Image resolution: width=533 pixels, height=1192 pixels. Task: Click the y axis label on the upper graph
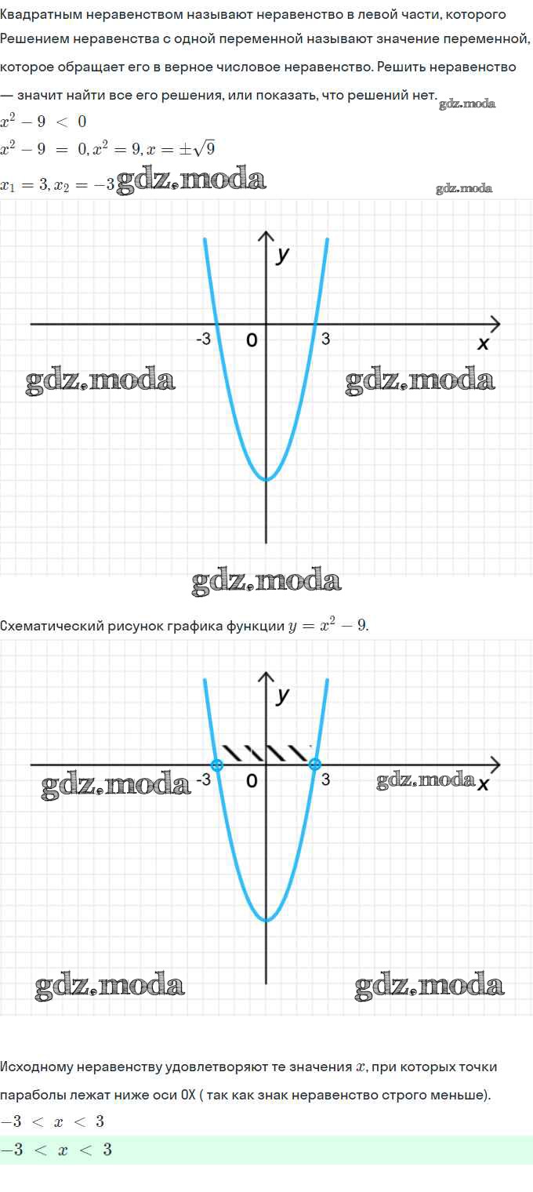point(283,255)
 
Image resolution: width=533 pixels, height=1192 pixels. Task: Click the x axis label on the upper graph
point(483,343)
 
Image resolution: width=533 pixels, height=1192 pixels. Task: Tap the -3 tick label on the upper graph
point(204,340)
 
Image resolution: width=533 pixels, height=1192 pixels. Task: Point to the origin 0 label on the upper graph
point(252,340)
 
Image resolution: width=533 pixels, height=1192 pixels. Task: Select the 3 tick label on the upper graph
point(325,340)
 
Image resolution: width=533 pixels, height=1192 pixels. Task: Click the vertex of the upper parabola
point(266,479)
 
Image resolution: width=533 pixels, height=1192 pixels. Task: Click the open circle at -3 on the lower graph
point(217,765)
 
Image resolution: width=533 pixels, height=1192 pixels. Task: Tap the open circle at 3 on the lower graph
point(315,765)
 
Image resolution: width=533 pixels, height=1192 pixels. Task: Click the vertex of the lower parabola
point(266,920)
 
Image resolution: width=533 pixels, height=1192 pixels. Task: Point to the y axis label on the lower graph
point(283,696)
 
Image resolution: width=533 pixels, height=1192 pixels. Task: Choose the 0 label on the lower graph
point(252,780)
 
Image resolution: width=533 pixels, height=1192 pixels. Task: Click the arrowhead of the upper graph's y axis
point(266,236)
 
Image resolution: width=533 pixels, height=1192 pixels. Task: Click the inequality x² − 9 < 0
point(43,122)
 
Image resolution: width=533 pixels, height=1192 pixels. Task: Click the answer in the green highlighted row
point(56,1150)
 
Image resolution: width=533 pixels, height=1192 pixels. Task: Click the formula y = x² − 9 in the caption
point(328,625)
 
